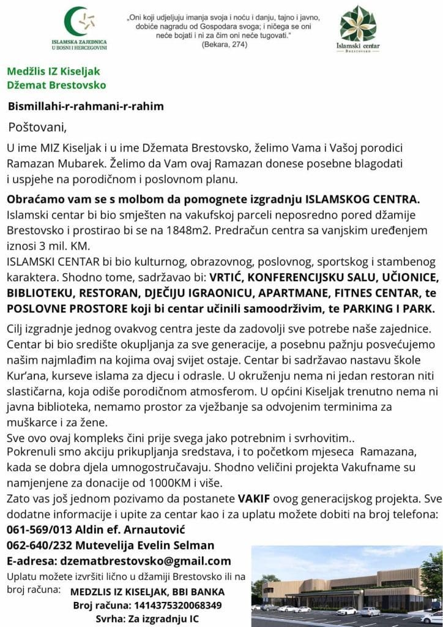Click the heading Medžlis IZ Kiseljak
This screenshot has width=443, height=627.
(x=53, y=72)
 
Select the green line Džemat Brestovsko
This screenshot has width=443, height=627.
(x=56, y=85)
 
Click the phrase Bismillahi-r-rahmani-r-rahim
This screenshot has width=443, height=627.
(x=86, y=106)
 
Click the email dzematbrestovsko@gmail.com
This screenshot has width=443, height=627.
(x=144, y=561)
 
